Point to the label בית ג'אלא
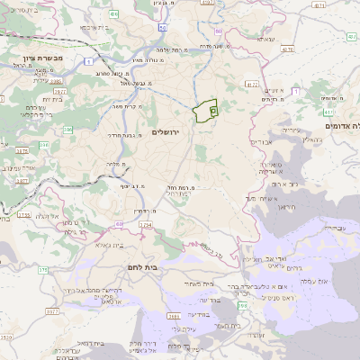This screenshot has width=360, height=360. (107, 244)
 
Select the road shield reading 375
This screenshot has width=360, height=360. (42, 269)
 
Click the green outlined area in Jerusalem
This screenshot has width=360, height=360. (206, 111)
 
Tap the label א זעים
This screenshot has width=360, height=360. (274, 91)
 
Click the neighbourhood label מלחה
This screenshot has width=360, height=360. (114, 164)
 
